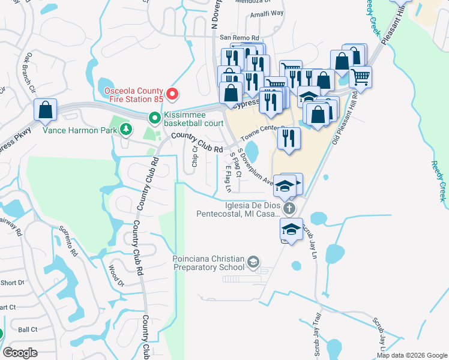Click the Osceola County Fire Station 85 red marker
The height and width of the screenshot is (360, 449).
point(172,94)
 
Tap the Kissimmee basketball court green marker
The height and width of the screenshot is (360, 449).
point(154,118)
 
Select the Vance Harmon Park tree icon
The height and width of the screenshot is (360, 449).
point(125,128)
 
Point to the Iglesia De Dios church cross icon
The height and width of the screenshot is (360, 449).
point(289,209)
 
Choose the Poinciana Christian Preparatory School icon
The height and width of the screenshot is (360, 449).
point(253,262)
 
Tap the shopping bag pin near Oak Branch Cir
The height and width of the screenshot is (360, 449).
point(45,110)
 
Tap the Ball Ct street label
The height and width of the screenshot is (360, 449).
point(28,329)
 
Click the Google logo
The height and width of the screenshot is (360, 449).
point(20,352)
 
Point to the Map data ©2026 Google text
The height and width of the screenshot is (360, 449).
point(411,355)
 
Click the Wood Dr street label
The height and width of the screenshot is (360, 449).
point(115,276)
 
